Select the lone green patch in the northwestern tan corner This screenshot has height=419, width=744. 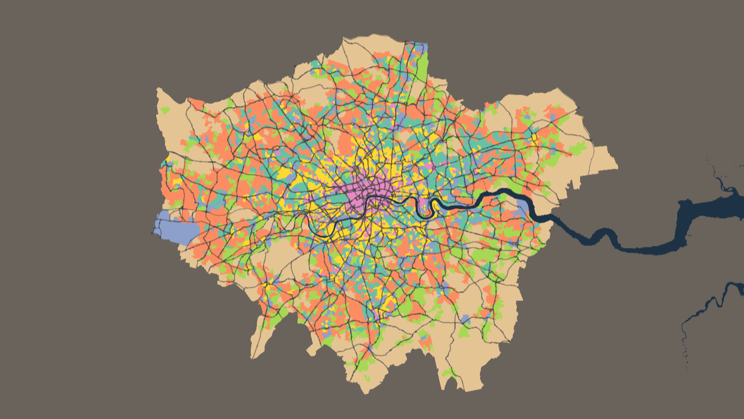tap(165, 110)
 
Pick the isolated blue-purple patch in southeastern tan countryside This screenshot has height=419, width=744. tap(466, 319)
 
